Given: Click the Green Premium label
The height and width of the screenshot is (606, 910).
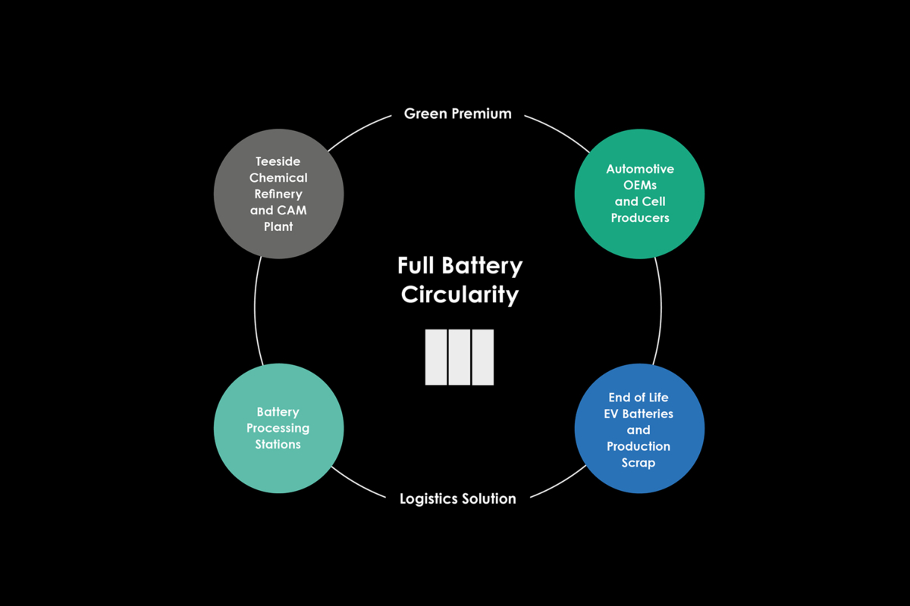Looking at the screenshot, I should tap(457, 114).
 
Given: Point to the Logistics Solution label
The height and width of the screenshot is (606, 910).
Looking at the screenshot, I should tap(457, 498).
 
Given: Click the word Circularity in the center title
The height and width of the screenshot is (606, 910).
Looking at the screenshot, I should tap(460, 295).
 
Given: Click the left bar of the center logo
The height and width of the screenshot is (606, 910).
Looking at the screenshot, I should tap(435, 357).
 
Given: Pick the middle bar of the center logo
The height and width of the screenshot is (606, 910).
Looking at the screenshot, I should tap(459, 357).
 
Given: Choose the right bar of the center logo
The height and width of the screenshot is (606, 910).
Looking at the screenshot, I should tap(483, 357).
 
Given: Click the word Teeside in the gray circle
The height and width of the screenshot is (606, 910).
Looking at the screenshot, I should tap(279, 161).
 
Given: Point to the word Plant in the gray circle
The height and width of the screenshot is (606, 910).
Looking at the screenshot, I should tap(279, 226).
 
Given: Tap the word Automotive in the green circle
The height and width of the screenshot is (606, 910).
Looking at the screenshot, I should tap(640, 169).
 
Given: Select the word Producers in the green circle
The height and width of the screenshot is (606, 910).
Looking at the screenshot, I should tap(640, 218).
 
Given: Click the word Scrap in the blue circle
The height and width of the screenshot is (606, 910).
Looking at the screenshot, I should tap(639, 462).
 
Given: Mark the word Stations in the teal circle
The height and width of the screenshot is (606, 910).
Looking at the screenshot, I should tap(278, 444).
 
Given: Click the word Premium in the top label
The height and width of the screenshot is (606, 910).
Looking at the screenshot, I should tap(482, 114).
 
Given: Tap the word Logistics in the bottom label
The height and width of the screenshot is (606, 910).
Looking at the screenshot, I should tap(429, 498).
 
